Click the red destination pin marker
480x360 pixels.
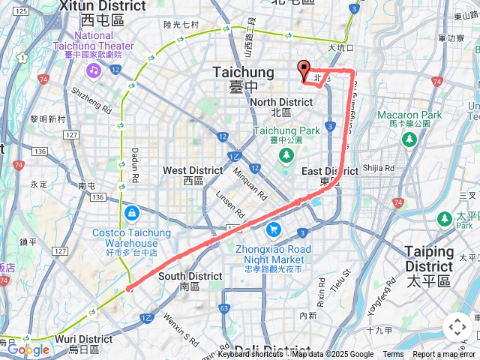click(x=304, y=69)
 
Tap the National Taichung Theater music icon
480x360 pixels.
click(x=93, y=70)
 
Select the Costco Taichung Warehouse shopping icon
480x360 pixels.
click(x=131, y=213)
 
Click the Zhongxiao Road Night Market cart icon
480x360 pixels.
click(x=274, y=229)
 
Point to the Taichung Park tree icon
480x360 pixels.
click(x=286, y=155)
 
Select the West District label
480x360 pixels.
click(x=193, y=175)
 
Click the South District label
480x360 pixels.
click(x=190, y=280)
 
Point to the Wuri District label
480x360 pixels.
click(x=84, y=343)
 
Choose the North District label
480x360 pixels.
click(x=281, y=106)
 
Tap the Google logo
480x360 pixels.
click(x=28, y=350)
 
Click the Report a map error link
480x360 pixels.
click(x=445, y=355)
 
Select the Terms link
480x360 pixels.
click(x=393, y=355)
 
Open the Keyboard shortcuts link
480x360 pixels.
click(x=250, y=355)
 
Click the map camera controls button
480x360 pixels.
click(x=457, y=327)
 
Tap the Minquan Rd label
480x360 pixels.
click(x=250, y=183)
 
